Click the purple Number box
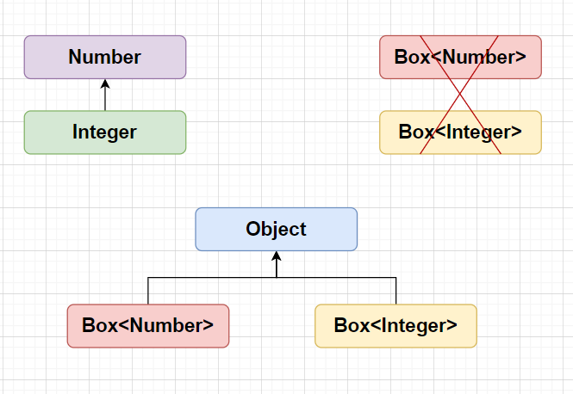[105, 58]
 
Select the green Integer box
[105, 132]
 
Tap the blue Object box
[277, 229]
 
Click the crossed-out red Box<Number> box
[460, 58]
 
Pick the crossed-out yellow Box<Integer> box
[460, 132]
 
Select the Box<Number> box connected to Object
[148, 326]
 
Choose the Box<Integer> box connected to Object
[395, 326]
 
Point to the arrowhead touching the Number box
[105, 83]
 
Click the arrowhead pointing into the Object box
[277, 255]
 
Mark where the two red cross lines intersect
[460, 95]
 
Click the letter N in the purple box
[75, 58]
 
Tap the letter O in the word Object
[252, 229]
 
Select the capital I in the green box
[75, 132]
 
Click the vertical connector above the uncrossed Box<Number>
[148, 291]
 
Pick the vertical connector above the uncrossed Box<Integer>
[395, 291]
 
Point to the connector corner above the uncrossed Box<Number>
[148, 278]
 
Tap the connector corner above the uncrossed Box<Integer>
[395, 278]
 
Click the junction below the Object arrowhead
[277, 278]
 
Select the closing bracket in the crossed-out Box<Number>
[520, 58]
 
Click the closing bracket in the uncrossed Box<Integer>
[452, 325]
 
